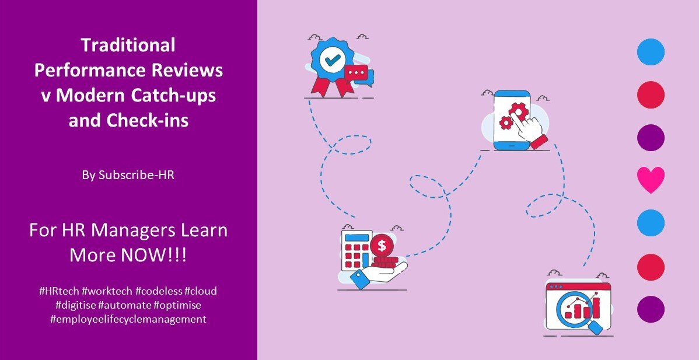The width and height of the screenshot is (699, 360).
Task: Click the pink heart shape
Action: point(651,180)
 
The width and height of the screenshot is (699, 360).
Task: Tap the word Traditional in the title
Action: point(128,45)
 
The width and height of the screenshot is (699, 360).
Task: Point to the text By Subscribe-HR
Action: point(128,175)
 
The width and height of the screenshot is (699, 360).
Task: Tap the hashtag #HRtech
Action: point(60,291)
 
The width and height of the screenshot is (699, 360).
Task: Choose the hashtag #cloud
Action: point(201,291)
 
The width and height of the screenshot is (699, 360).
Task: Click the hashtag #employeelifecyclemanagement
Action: point(128,320)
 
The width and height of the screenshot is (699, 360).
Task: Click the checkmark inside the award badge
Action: point(331,60)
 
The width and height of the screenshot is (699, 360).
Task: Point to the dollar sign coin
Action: point(382,246)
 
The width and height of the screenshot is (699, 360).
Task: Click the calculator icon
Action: point(356,250)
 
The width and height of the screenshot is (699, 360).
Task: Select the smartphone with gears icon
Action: point(512,120)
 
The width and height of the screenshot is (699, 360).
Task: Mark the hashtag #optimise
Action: point(177,306)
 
